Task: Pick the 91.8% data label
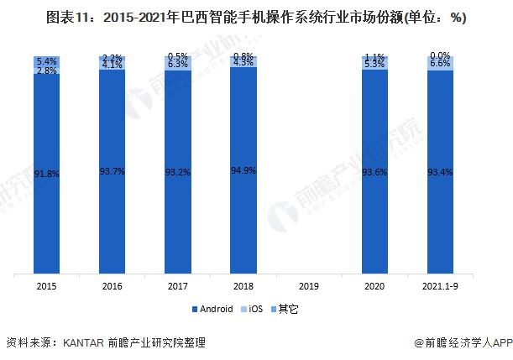46,174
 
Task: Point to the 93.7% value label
112,171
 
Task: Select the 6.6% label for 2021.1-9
440,63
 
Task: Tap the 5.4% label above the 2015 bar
46,61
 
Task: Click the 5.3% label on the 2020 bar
374,63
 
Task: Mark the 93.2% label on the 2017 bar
177,171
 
